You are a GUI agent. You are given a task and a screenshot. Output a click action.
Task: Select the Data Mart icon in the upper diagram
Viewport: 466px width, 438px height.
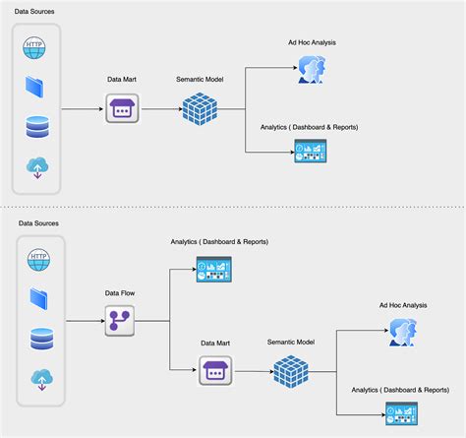pos(122,108)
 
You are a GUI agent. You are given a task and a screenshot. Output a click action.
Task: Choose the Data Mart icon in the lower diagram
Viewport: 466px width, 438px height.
pos(215,371)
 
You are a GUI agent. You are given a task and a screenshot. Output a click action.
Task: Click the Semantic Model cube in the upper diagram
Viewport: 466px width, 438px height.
pos(201,108)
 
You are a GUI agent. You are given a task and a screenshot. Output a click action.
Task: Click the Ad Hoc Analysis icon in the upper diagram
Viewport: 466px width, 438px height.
pos(311,67)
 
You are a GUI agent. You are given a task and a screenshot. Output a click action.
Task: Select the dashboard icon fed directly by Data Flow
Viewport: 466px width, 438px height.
pos(212,269)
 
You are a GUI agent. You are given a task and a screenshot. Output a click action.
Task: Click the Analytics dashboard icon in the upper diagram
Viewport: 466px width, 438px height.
pos(311,150)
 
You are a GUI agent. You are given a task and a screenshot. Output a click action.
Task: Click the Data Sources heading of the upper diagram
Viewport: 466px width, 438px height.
pos(34,11)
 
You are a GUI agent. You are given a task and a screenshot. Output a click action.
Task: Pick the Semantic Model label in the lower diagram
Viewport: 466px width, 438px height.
pos(292,342)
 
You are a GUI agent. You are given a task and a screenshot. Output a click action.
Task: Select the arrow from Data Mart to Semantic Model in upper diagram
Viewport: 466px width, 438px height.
pos(157,108)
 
